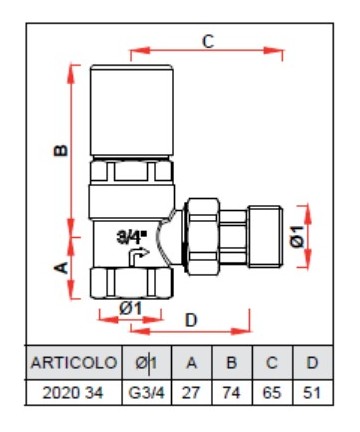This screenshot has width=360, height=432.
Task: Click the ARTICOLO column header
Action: (74, 362)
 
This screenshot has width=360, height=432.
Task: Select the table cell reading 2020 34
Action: (73, 393)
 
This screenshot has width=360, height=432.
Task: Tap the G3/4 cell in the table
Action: (147, 393)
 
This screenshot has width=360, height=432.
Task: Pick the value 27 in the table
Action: (191, 393)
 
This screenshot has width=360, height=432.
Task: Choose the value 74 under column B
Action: (232, 393)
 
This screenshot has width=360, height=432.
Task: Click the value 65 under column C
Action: (272, 393)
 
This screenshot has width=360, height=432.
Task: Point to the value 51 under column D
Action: (312, 393)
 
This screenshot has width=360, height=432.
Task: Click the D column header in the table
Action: (312, 362)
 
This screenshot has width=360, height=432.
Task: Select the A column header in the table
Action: (191, 362)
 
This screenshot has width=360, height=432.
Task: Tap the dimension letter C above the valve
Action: (208, 42)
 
